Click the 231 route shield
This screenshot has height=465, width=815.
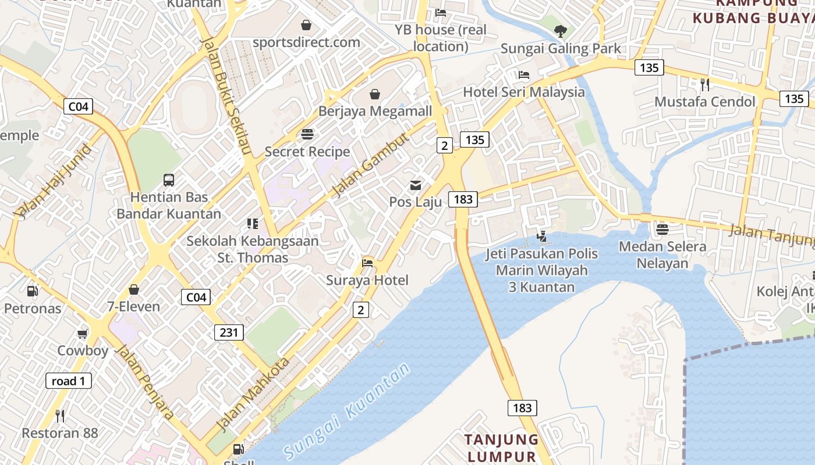(x=229, y=332)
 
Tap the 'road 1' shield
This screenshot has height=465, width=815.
(x=68, y=381)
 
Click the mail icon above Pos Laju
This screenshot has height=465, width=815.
(x=416, y=185)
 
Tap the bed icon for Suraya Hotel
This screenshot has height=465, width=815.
(x=367, y=263)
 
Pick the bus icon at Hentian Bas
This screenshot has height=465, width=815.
(x=169, y=180)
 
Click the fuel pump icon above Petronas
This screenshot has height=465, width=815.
(x=33, y=291)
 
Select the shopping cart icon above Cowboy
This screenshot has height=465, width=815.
(x=83, y=334)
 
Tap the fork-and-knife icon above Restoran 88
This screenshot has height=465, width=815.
(x=59, y=416)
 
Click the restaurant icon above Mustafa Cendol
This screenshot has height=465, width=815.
(x=705, y=84)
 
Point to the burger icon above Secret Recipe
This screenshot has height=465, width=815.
(x=307, y=134)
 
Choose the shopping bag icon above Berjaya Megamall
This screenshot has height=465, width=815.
(x=375, y=94)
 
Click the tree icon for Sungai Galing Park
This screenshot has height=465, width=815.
(x=561, y=31)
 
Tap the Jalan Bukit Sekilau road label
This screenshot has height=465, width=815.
(x=226, y=96)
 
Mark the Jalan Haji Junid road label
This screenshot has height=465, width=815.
(x=53, y=181)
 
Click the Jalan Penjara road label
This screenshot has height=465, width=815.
(x=144, y=382)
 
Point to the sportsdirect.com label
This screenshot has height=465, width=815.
(x=306, y=42)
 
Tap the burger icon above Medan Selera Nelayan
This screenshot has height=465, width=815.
(x=662, y=229)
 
